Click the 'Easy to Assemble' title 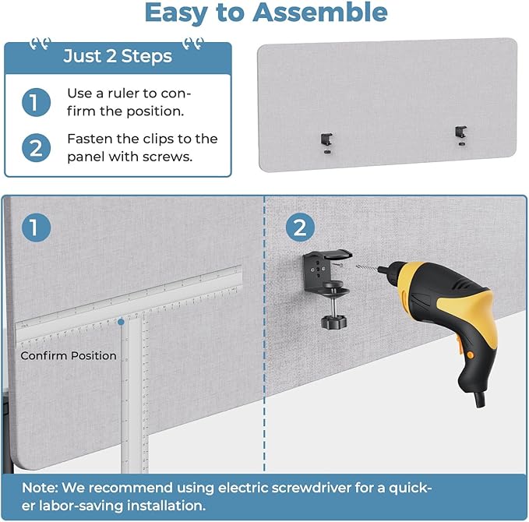(x=266, y=13)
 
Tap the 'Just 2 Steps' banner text (x=118, y=57)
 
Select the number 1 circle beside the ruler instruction (x=36, y=102)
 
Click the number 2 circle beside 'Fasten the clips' (x=36, y=148)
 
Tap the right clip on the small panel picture (x=460, y=134)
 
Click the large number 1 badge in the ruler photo (x=36, y=227)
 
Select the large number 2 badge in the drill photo (x=299, y=227)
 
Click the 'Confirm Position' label (x=69, y=356)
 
